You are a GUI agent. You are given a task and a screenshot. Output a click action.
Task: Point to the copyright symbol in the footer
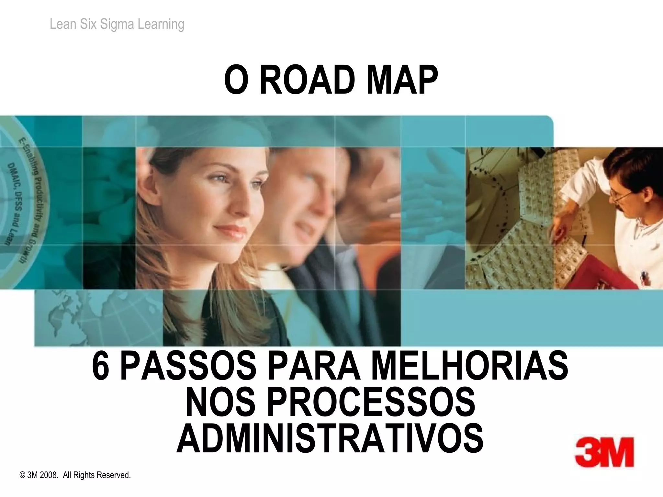tap(22, 475)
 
